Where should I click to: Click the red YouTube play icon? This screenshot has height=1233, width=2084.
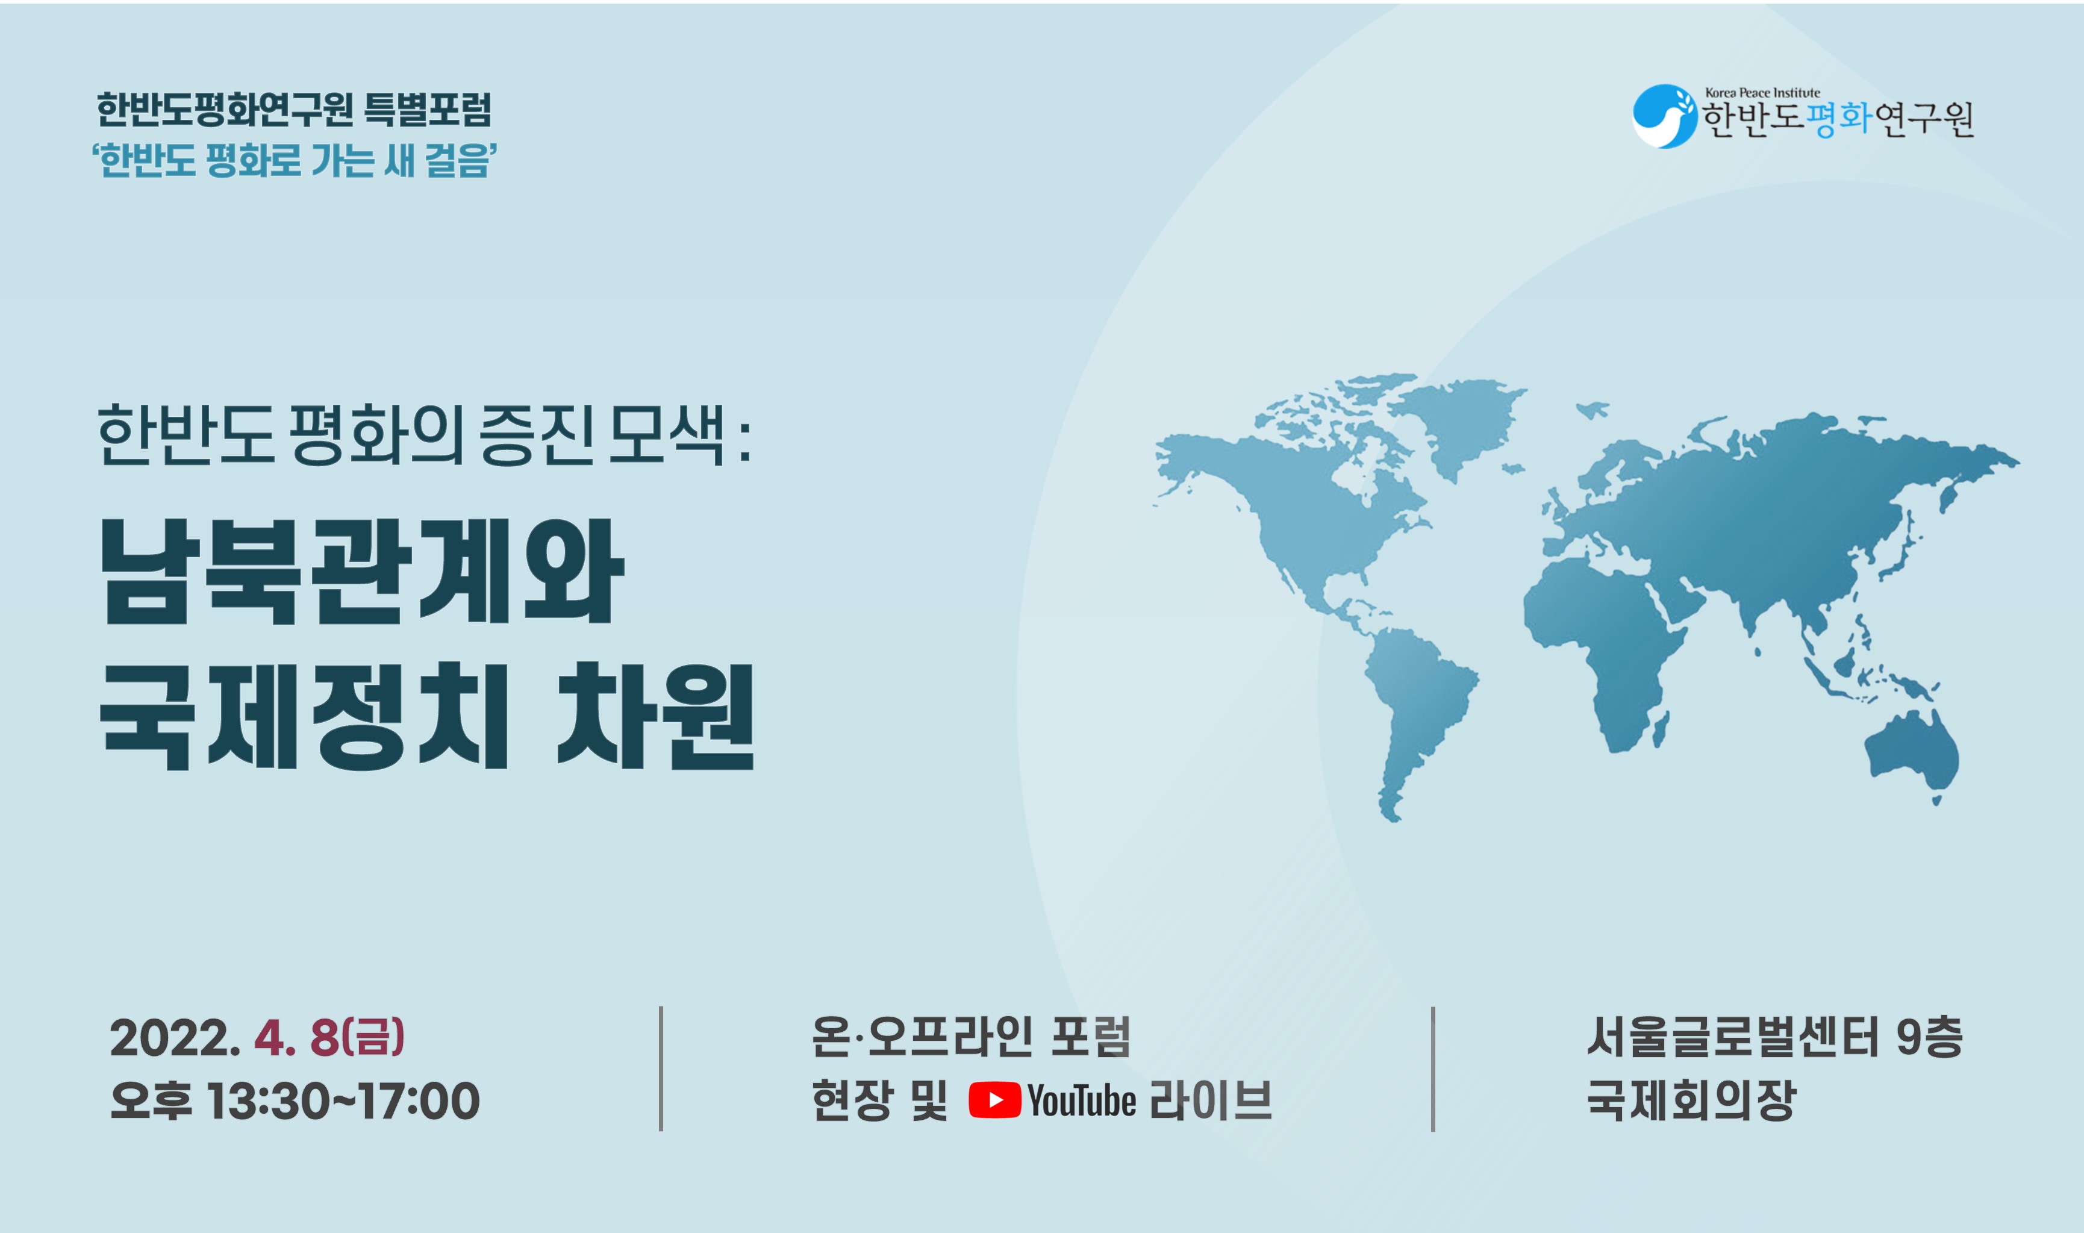pos(995,1101)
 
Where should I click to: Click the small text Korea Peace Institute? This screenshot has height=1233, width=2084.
pos(1762,93)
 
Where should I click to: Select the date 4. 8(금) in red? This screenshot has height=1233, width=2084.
pos(329,1038)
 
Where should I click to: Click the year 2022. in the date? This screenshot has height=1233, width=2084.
pos(175,1038)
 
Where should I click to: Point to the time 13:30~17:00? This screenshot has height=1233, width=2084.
pos(343,1102)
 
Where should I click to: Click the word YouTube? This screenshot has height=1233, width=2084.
pos(1082,1102)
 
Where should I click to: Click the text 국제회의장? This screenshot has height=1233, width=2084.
pos(1692,1101)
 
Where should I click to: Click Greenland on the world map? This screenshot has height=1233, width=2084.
pos(1458,423)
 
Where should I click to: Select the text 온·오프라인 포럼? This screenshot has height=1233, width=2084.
pos(971,1038)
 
